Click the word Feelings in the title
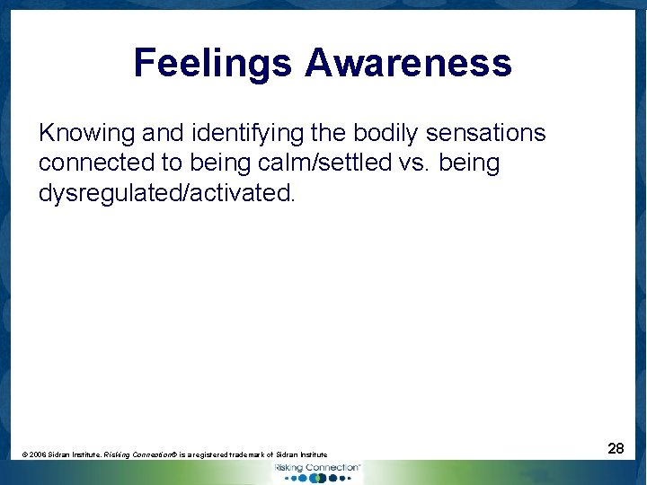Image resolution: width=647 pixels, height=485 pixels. (x=213, y=64)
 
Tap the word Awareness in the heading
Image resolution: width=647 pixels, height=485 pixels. (x=408, y=64)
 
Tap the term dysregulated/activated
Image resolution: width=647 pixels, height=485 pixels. (x=166, y=193)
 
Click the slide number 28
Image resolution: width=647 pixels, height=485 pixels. (x=616, y=447)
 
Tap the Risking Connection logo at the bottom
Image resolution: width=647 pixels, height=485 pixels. (x=316, y=472)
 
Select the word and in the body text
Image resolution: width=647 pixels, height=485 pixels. (x=162, y=134)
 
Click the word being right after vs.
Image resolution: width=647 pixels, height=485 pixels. (x=469, y=163)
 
